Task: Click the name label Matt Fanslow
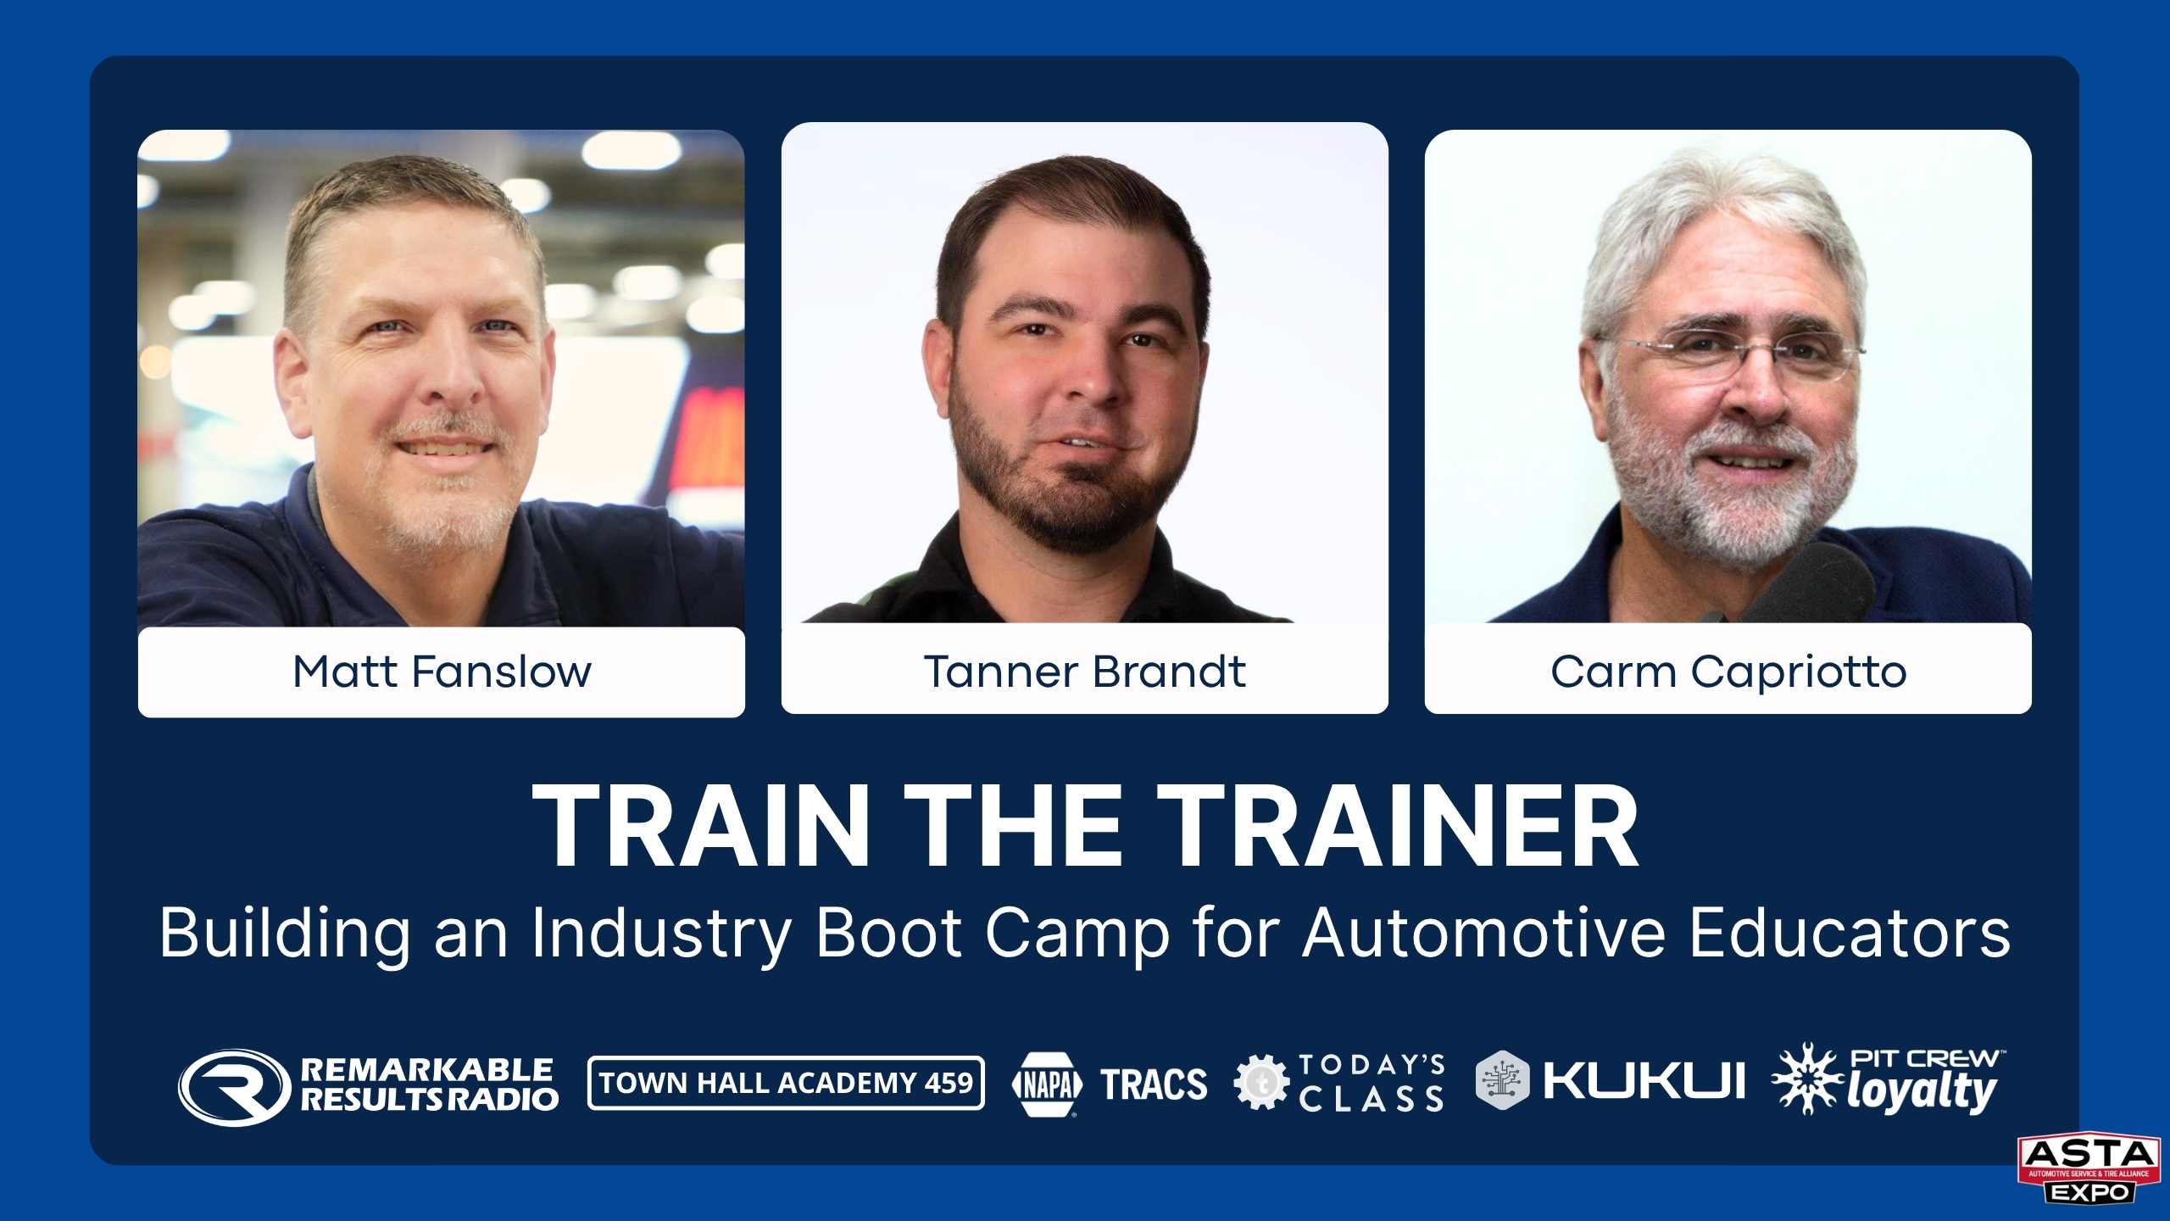point(442,672)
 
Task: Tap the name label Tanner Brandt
point(1084,672)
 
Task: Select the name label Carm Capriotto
point(1728,672)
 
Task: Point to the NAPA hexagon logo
point(1047,1084)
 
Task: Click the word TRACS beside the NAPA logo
point(1154,1084)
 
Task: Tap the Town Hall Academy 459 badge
point(786,1083)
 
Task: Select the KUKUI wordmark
point(1644,1081)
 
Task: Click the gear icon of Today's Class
point(1261,1082)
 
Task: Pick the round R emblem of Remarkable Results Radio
point(229,1087)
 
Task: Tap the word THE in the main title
point(1012,826)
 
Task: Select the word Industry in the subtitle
point(662,934)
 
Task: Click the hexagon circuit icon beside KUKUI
point(1502,1079)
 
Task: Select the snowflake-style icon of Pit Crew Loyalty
point(1807,1079)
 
